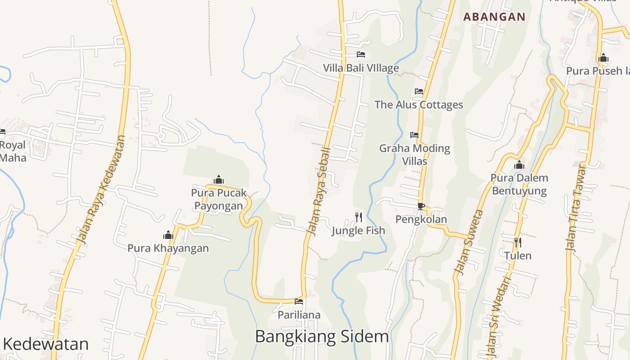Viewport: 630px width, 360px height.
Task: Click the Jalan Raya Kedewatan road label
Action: coord(102,190)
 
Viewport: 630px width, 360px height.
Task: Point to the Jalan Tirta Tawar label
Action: coord(576,208)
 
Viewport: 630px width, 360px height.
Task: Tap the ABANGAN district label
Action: coord(494,17)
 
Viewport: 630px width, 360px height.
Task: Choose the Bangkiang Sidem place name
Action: coord(322,336)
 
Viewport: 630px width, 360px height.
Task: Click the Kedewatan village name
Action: coord(46,344)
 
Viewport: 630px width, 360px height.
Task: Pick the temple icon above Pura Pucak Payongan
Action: coord(219,180)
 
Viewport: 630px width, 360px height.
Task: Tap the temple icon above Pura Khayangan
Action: coord(168,235)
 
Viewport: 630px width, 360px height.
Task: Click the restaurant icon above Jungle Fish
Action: coord(359,217)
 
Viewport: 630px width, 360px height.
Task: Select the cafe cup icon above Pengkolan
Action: coord(421,207)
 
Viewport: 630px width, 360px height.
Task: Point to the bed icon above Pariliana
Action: coord(299,301)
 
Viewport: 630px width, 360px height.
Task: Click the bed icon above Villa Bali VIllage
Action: coord(360,55)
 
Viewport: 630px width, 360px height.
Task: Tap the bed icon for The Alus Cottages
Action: coord(419,91)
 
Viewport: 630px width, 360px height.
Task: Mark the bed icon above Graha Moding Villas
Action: coord(414,135)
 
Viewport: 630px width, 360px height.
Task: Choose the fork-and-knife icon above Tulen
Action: coord(518,243)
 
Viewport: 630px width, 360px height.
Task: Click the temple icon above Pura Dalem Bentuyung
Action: coord(519,165)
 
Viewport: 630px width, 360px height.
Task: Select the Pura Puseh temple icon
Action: coord(603,58)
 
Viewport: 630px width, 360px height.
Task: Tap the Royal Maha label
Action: coord(13,151)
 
